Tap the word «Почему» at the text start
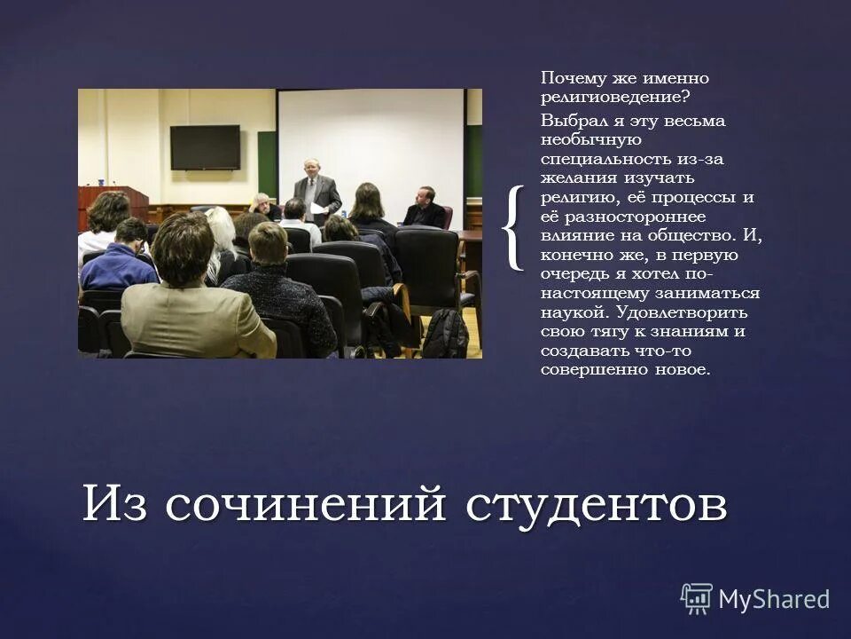[569, 79]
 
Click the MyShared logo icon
[696, 599]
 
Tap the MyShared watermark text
[774, 599]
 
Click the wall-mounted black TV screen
[205, 147]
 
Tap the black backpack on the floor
[444, 334]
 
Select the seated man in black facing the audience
[426, 209]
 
